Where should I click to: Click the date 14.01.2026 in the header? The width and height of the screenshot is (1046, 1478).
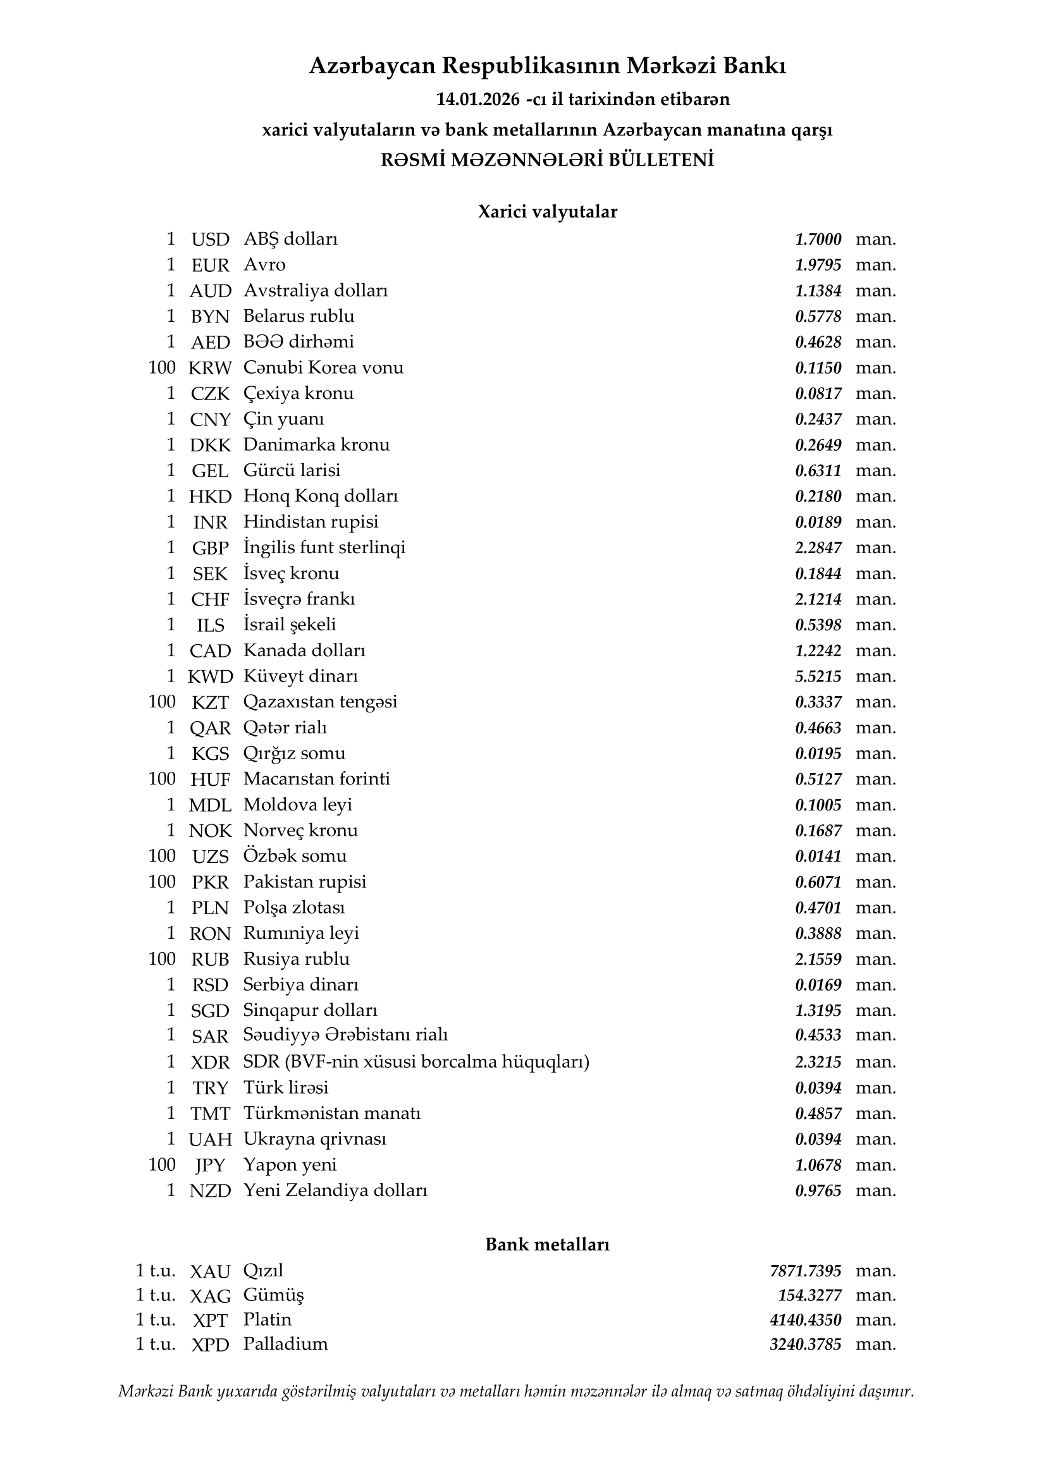coord(477,99)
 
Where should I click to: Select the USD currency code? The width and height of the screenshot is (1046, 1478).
coord(210,240)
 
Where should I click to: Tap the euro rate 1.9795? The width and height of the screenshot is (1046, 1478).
coord(818,265)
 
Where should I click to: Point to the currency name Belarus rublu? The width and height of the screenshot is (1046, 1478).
coord(298,316)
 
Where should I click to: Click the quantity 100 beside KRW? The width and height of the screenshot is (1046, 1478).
coord(162,367)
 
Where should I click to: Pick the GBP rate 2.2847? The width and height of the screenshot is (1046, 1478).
coord(818,548)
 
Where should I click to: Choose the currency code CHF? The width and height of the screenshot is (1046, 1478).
coord(210,599)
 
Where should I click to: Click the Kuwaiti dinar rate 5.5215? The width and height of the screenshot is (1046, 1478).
coord(818,676)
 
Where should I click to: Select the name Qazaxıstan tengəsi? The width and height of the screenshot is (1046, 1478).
coord(320,702)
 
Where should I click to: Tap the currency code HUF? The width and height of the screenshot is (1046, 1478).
coord(210,779)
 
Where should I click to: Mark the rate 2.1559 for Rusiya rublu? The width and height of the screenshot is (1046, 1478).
coord(818,959)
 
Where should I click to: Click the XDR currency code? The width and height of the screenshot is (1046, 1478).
coord(210,1062)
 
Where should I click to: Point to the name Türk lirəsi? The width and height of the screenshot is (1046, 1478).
coord(285,1087)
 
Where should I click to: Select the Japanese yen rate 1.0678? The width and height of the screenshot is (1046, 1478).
coord(818,1165)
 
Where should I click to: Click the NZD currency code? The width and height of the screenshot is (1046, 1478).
coord(210,1191)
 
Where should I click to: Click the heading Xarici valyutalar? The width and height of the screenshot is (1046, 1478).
coord(547,212)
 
